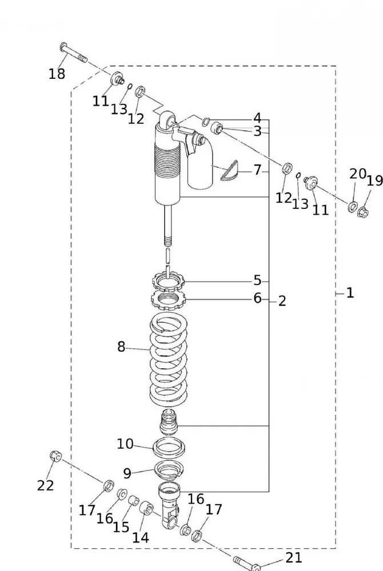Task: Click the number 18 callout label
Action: (57, 74)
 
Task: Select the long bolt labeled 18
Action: (73, 53)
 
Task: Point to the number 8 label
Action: (121, 347)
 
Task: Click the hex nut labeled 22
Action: (55, 456)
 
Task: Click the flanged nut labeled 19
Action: (362, 214)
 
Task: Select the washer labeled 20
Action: (352, 206)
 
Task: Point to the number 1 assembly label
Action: (350, 293)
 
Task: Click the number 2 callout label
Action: (282, 301)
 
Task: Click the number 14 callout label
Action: (141, 537)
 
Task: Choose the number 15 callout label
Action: (121, 526)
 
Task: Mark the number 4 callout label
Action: (257, 118)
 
